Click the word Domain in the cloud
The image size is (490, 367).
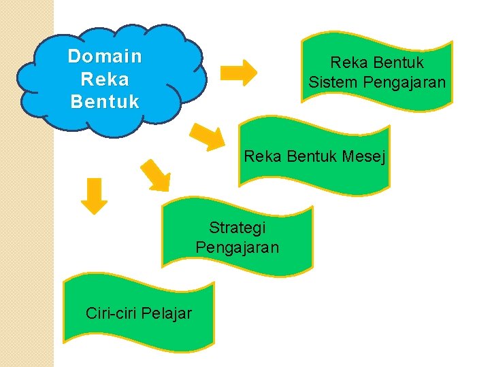[x=105, y=56]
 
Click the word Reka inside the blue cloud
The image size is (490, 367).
[x=105, y=80]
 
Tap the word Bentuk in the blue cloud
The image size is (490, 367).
[x=105, y=103]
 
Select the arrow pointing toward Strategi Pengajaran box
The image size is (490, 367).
[x=156, y=174]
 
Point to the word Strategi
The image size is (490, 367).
[x=237, y=227]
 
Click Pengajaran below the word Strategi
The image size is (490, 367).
[x=237, y=247]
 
